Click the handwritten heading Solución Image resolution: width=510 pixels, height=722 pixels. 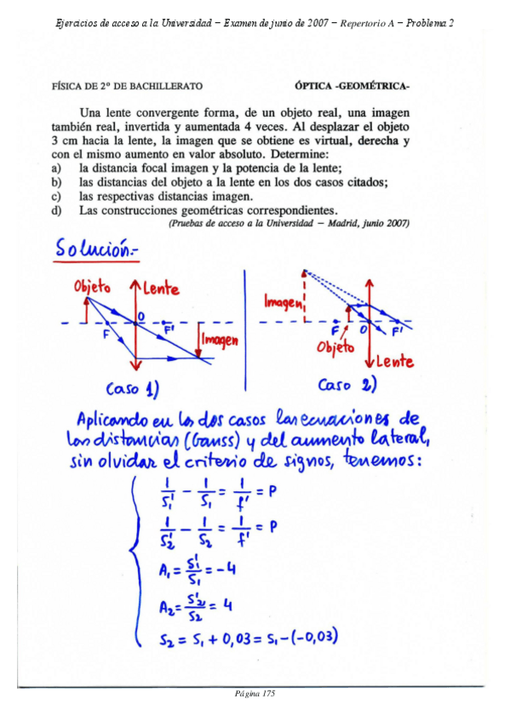coord(95,249)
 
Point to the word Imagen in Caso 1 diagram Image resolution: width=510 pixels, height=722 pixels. coord(220,340)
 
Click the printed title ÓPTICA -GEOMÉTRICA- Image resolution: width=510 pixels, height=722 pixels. coord(352,86)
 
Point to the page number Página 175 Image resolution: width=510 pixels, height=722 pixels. coord(255,693)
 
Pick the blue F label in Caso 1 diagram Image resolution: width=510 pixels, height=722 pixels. coord(106,335)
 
